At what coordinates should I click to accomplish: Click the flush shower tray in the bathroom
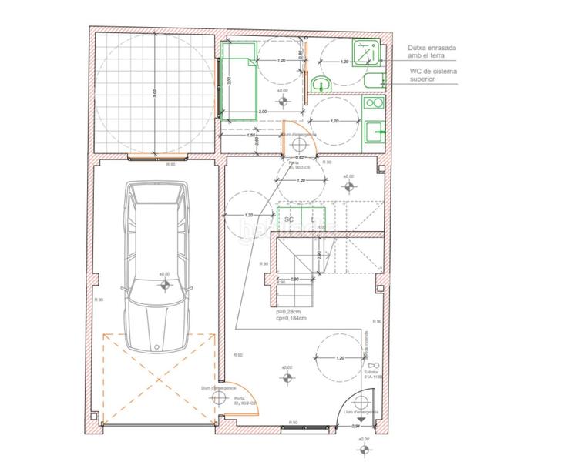[365, 52]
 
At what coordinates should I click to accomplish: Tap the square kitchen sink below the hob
[374, 132]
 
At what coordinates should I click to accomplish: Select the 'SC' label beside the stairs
[289, 219]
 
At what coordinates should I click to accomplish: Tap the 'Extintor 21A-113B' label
[375, 375]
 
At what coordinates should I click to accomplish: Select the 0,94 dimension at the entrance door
[356, 425]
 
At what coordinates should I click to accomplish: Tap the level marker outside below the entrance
[362, 447]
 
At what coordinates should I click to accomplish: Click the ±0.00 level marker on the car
[164, 283]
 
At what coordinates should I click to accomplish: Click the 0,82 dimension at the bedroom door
[300, 156]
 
